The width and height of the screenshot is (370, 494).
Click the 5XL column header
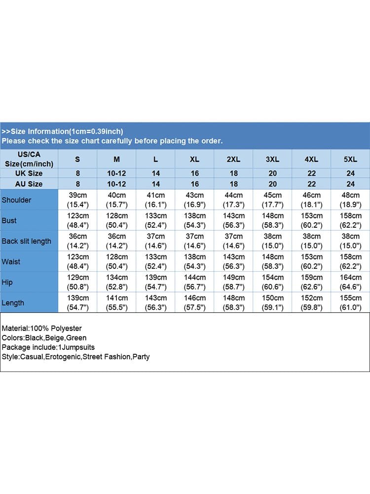(350, 159)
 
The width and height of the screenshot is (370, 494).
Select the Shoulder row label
(16, 200)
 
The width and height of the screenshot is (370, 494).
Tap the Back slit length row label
(26, 241)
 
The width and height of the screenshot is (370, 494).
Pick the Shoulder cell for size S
(77, 200)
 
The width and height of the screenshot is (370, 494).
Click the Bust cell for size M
(116, 221)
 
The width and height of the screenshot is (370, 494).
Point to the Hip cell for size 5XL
(350, 282)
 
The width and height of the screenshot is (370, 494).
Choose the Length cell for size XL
(194, 303)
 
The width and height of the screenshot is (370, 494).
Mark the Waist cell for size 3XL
(272, 262)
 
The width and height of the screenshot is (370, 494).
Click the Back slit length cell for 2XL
(233, 241)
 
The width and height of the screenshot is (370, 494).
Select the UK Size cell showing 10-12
(116, 173)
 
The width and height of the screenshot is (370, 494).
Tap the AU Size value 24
(350, 184)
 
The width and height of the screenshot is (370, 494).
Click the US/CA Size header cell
(29, 159)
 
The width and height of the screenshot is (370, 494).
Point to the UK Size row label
(29, 173)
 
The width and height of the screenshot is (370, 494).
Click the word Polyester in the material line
(66, 329)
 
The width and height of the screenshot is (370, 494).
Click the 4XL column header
(311, 159)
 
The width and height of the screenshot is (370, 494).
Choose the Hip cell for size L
(155, 282)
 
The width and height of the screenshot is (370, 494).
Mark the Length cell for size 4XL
(311, 303)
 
